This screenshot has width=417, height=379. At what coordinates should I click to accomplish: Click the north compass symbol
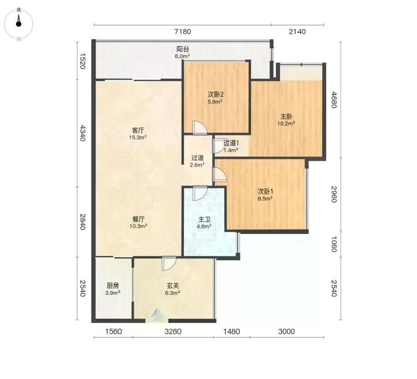[19, 24]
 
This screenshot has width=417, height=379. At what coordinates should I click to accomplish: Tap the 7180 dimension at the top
[183, 32]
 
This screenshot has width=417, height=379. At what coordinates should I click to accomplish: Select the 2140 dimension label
[297, 32]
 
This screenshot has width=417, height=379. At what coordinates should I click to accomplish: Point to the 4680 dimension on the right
[334, 100]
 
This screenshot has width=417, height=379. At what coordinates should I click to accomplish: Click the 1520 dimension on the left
[83, 61]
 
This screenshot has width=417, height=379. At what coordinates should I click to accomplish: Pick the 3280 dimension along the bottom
[173, 332]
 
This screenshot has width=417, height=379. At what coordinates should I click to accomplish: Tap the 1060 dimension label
[334, 244]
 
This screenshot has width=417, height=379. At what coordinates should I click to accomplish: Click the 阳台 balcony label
[183, 49]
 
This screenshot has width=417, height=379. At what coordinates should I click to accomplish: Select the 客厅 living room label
[138, 130]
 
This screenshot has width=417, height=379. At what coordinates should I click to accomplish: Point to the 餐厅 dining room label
[138, 219]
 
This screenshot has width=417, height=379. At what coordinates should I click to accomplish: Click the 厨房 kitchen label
[113, 286]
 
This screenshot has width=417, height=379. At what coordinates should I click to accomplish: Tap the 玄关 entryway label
[173, 286]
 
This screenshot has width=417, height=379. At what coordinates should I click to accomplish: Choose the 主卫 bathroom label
[204, 220]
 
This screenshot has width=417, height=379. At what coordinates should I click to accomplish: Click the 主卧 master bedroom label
[286, 116]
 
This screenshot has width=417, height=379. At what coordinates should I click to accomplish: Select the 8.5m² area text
[264, 198]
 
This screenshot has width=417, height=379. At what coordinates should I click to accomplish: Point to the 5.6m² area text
[215, 102]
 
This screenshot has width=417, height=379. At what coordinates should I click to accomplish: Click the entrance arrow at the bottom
[157, 315]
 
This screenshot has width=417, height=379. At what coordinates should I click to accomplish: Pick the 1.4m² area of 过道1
[230, 150]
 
